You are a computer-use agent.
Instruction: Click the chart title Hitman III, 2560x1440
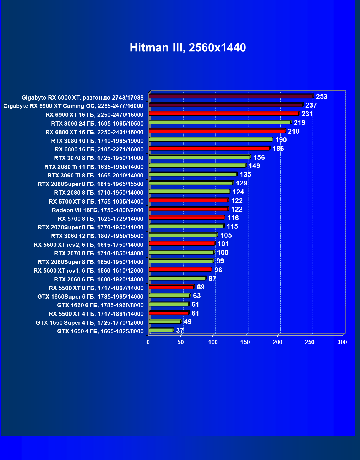coord(188,48)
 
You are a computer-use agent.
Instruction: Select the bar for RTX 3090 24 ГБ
coord(220,122)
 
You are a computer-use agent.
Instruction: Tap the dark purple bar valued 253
coord(231,96)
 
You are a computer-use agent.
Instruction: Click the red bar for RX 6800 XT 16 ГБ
coord(217,131)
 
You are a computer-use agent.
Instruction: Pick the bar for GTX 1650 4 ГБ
coord(161,330)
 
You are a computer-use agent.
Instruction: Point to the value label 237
coord(311,105)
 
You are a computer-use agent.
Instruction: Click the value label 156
coord(259,157)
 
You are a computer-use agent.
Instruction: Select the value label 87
coord(212,279)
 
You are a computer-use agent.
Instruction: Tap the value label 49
coord(188,322)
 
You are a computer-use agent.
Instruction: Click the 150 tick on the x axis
coord(245,342)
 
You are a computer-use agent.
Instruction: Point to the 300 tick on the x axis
coord(342,342)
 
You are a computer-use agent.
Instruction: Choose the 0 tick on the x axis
coord(148,342)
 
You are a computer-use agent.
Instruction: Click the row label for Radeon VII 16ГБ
coord(98,210)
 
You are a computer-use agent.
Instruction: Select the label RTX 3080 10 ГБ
coord(97,141)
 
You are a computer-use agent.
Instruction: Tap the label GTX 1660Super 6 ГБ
coord(90,297)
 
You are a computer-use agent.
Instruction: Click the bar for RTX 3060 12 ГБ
coord(183,235)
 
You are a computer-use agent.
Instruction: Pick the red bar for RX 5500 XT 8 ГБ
coord(171,287)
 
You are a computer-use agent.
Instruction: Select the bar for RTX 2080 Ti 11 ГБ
coord(197,166)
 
